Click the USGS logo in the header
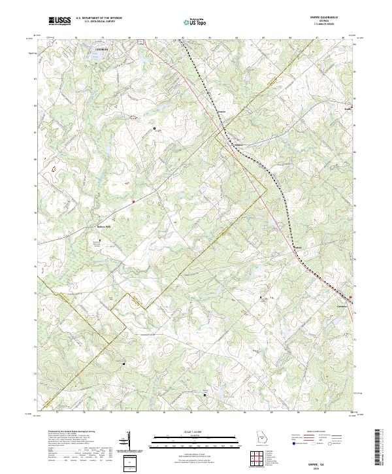[x=60, y=22]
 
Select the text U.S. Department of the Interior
[x=99, y=19]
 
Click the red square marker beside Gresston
[x=351, y=300]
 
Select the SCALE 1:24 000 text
[x=196, y=432]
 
